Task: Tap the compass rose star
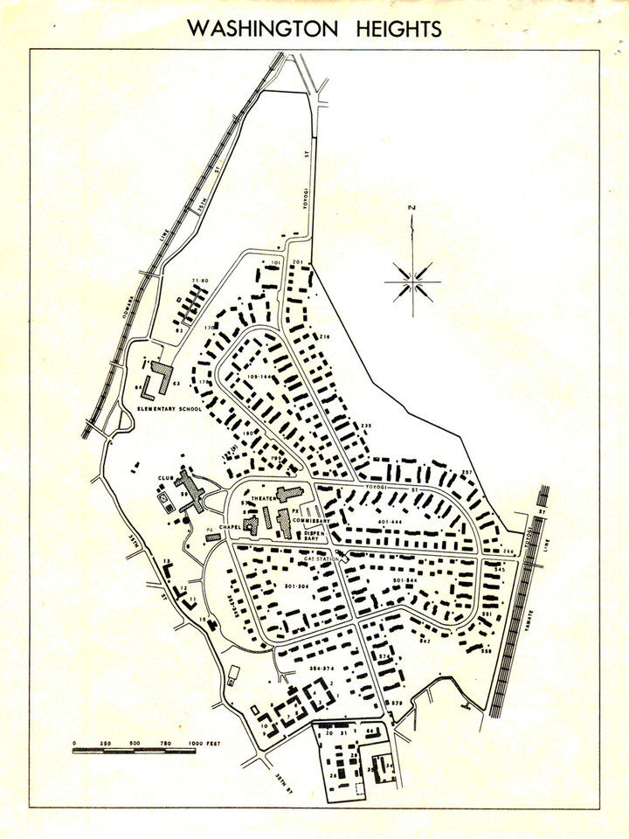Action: (x=411, y=280)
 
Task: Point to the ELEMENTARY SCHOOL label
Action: (x=169, y=409)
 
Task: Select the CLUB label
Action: (x=164, y=478)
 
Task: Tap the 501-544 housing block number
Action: (x=408, y=580)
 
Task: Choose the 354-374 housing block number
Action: (x=321, y=668)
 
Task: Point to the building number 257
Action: (x=467, y=472)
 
